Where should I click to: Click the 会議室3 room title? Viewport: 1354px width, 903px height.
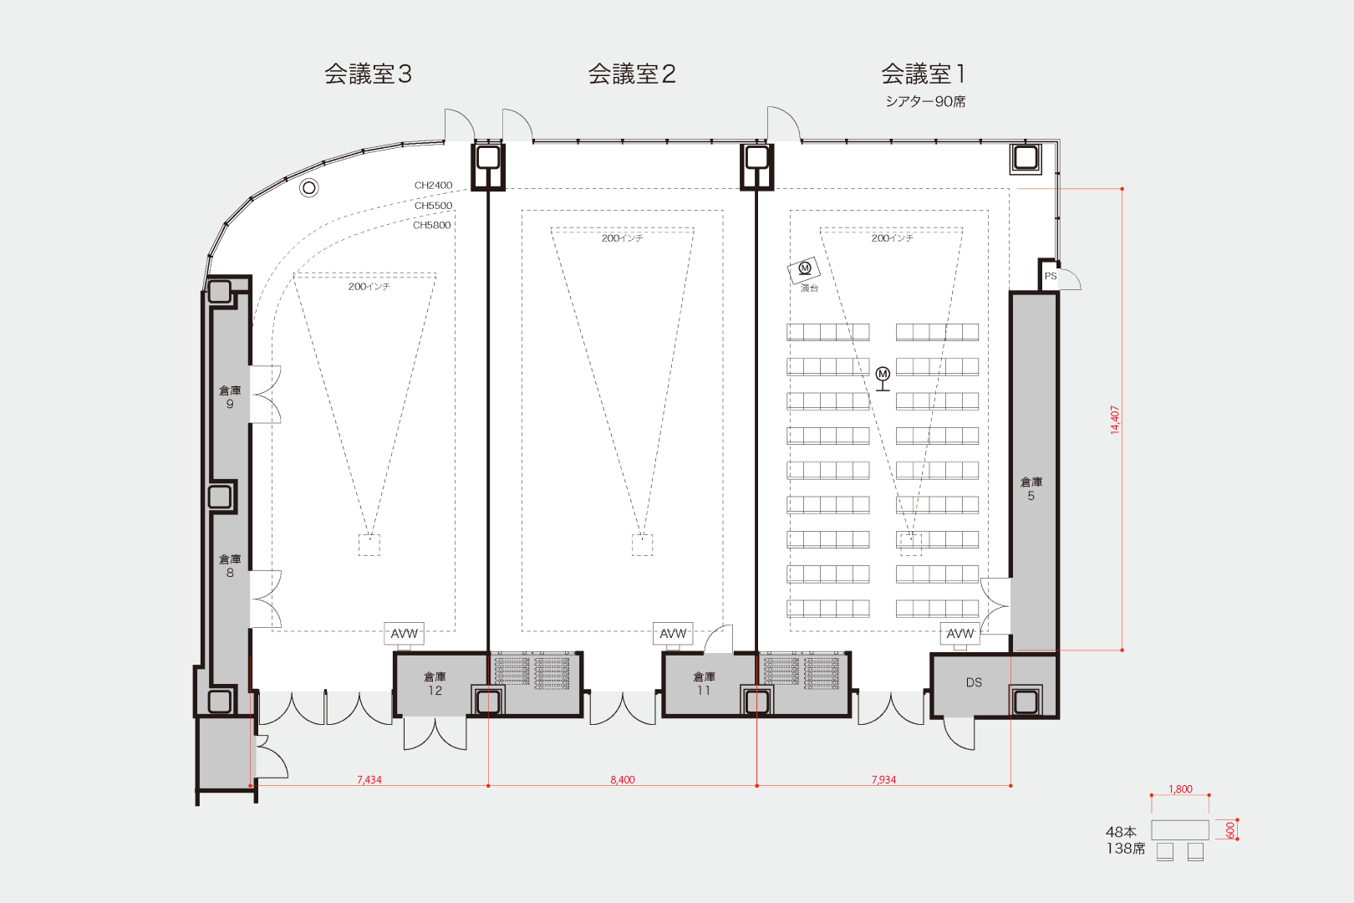click(x=368, y=74)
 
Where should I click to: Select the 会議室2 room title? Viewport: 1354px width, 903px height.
click(x=632, y=74)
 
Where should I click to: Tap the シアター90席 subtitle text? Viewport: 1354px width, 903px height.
click(x=925, y=102)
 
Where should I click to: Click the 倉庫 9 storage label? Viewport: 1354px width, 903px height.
click(x=230, y=397)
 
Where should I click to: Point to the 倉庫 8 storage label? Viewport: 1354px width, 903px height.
click(x=230, y=565)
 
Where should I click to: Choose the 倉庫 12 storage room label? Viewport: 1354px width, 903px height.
click(x=435, y=683)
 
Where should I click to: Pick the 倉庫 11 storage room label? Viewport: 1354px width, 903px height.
click(x=704, y=683)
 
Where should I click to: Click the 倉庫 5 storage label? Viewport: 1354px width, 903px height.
click(x=1031, y=488)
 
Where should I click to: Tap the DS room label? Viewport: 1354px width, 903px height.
click(x=974, y=682)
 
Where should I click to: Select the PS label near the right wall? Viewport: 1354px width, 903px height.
click(x=1051, y=276)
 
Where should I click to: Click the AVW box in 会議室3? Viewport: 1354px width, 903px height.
click(x=404, y=633)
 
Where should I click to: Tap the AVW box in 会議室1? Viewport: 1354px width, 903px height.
click(x=960, y=633)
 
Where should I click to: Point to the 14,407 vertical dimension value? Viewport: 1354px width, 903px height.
click(x=1115, y=420)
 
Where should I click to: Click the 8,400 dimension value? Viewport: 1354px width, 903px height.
click(x=623, y=779)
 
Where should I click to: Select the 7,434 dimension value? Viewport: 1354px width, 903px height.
click(x=369, y=779)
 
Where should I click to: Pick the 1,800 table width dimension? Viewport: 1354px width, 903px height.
click(x=1180, y=788)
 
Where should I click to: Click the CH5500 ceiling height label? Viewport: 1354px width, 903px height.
click(x=434, y=206)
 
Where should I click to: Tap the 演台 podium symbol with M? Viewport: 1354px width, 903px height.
click(x=804, y=270)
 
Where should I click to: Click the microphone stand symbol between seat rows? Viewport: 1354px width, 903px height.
click(x=883, y=380)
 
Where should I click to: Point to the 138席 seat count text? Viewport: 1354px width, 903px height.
click(x=1126, y=849)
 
